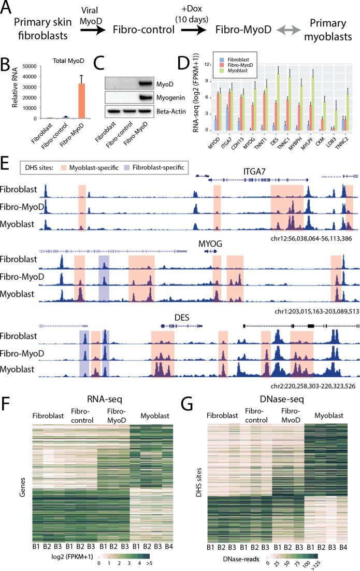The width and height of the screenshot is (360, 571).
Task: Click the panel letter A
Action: [8, 10]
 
